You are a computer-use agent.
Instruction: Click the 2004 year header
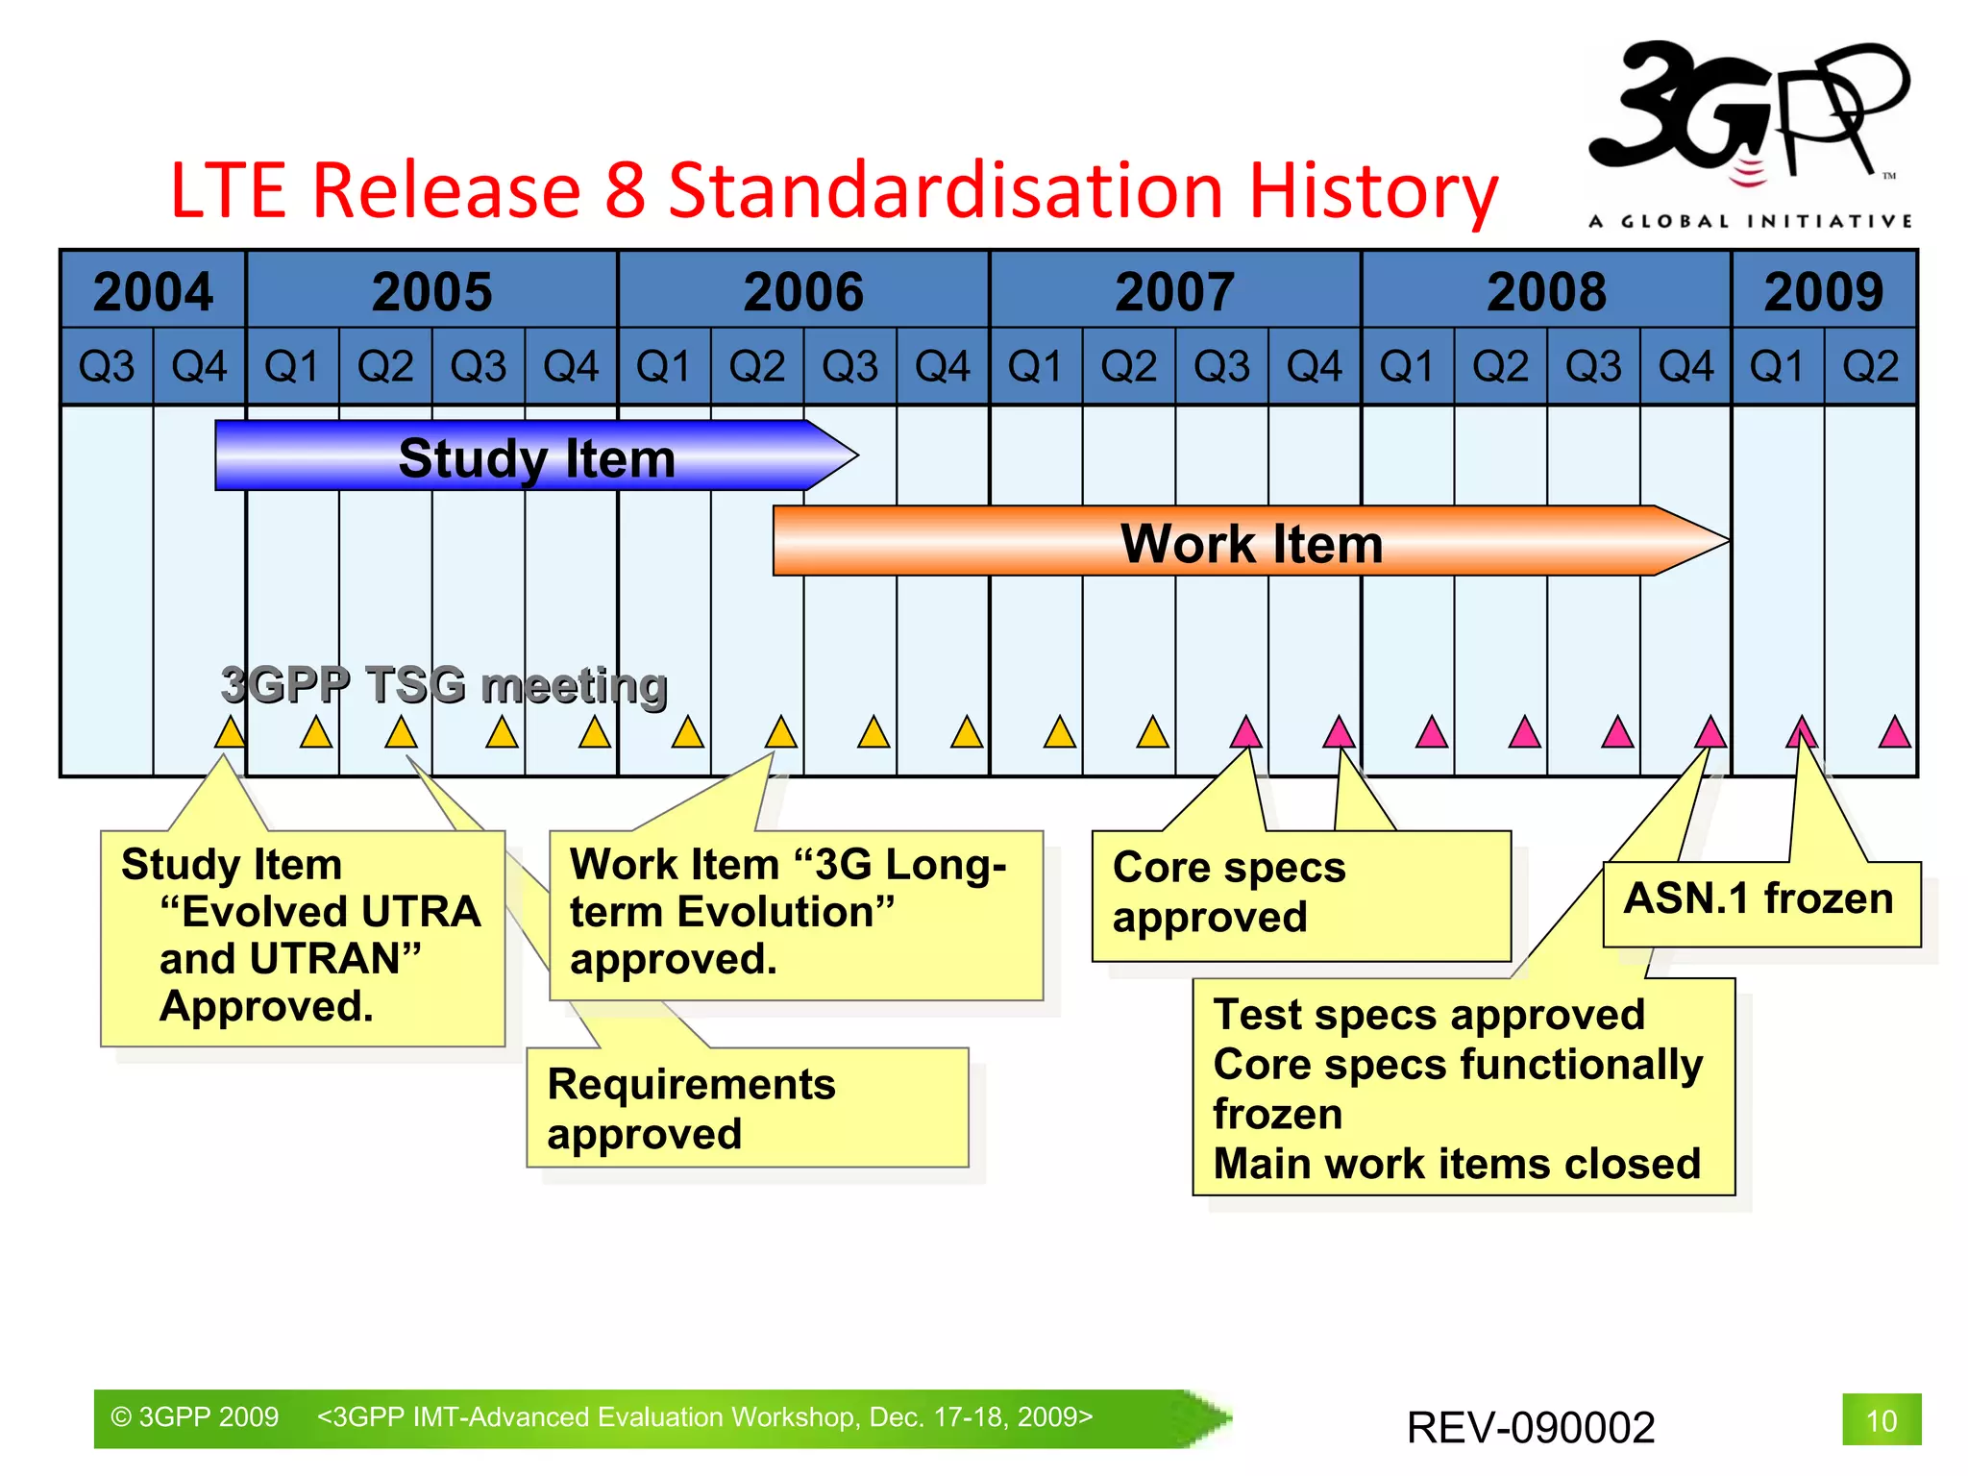pyautogui.click(x=153, y=291)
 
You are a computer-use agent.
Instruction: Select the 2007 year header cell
pyautogui.click(x=1174, y=291)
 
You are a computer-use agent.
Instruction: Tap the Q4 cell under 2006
pyautogui.click(x=943, y=366)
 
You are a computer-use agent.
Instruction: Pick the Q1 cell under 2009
pyautogui.click(x=1778, y=366)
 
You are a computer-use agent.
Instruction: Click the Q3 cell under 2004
pyautogui.click(x=107, y=366)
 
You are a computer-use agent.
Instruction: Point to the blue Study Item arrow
pyautogui.click(x=536, y=456)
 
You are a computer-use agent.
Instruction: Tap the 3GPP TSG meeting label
pyautogui.click(x=444, y=685)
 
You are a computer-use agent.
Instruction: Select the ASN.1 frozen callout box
pyautogui.click(x=1759, y=900)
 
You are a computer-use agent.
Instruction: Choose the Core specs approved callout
pyautogui.click(x=1299, y=894)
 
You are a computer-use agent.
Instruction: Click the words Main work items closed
pyautogui.click(x=1457, y=1164)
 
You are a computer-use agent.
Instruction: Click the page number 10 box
pyautogui.click(x=1881, y=1420)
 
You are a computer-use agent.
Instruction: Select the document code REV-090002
pyautogui.click(x=1530, y=1427)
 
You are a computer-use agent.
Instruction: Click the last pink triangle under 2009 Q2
pyautogui.click(x=1894, y=733)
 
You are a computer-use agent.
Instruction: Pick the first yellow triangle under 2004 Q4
pyautogui.click(x=230, y=733)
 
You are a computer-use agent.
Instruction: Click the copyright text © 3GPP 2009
pyautogui.click(x=195, y=1417)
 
